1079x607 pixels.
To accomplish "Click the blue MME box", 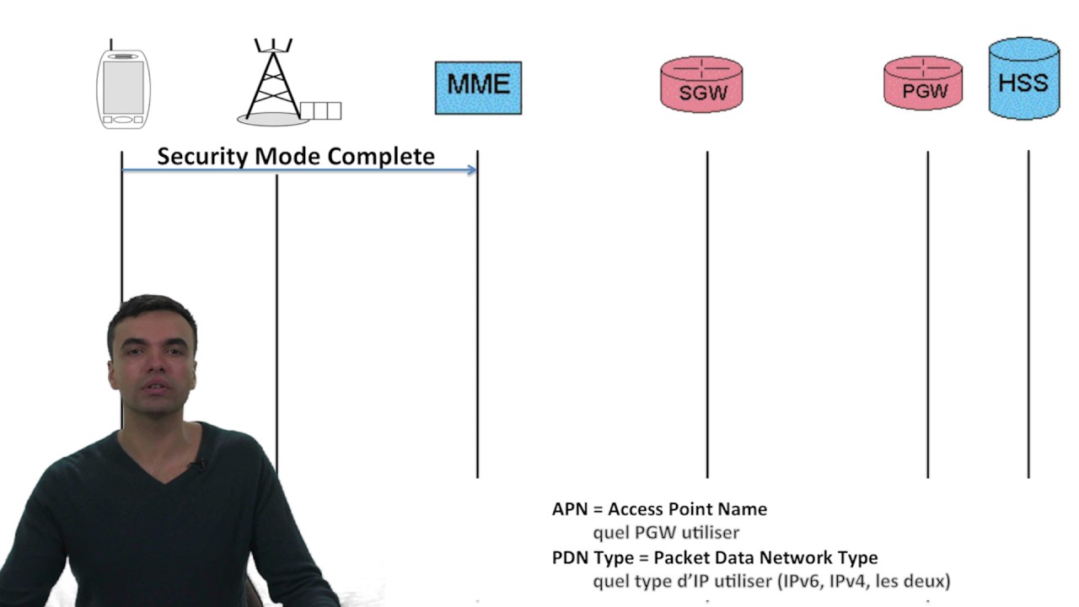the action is [x=478, y=88].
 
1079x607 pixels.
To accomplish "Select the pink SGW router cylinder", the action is [x=701, y=84].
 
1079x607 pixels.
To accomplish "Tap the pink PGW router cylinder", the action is [x=923, y=83].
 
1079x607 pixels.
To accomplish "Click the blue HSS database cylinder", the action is [x=1024, y=78].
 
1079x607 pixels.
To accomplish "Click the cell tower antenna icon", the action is [x=273, y=83].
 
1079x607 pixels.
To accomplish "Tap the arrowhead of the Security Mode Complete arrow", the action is [x=472, y=169].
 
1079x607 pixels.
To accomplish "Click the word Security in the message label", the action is [x=202, y=157].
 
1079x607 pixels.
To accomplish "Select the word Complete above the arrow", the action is [x=381, y=157].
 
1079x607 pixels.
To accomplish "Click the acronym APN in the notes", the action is [x=570, y=509].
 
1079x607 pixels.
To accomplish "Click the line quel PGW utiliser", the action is [x=666, y=533].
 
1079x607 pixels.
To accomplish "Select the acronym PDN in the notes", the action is [x=571, y=558].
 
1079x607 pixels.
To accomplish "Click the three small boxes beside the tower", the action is [x=320, y=110].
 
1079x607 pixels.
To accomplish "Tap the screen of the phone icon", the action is [x=123, y=87].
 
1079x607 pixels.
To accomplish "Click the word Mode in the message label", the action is [x=287, y=157].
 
